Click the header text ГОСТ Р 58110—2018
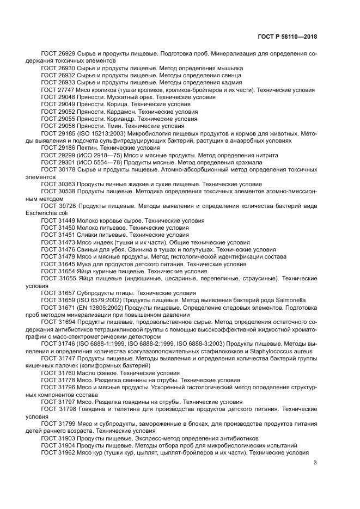[286, 36]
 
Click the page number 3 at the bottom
[315, 463]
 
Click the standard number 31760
[66, 373]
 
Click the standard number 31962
[66, 452]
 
